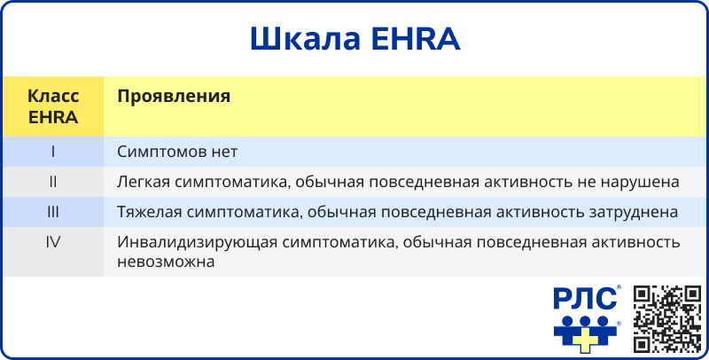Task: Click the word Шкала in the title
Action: tap(305, 39)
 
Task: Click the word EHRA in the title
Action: tap(415, 39)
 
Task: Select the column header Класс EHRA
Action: tap(53, 106)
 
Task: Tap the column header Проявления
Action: tap(174, 97)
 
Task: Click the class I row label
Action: tap(53, 152)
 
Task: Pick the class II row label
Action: tap(53, 182)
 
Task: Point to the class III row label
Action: tap(53, 212)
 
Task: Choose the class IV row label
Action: tap(53, 242)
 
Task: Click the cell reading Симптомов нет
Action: tap(177, 152)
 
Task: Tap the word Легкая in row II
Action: tap(144, 182)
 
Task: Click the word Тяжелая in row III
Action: tap(149, 212)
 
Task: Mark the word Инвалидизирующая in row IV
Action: tap(197, 242)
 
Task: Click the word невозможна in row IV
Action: tap(166, 262)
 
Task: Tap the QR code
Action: tap(667, 319)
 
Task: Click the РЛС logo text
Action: tap(586, 299)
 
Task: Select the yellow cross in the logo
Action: tap(586, 340)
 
